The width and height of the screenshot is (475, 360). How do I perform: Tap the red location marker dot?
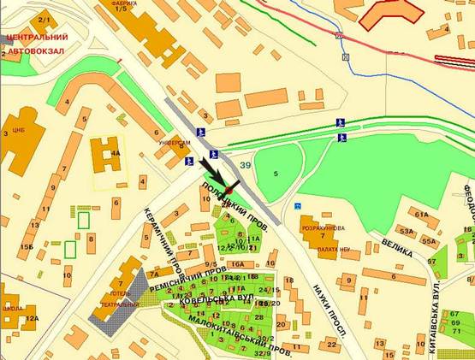229,190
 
